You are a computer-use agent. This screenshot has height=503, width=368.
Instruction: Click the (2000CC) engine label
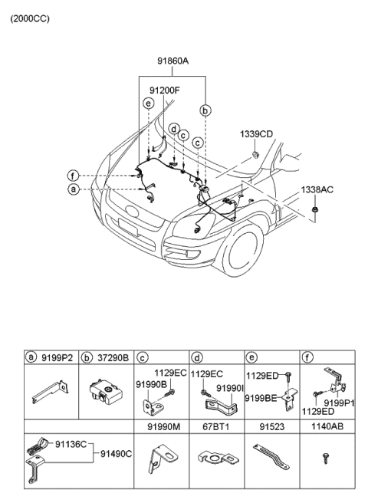30,18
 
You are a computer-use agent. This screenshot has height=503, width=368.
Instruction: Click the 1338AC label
317,189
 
